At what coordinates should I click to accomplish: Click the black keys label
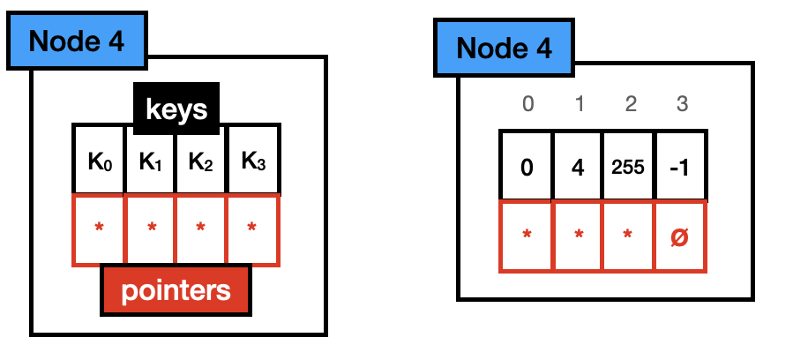click(176, 110)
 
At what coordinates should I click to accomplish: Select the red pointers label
click(176, 290)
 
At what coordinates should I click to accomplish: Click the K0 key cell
click(98, 161)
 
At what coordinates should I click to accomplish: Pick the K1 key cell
click(150, 161)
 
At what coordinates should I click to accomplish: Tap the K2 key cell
click(201, 161)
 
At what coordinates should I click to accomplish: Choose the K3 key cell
click(252, 161)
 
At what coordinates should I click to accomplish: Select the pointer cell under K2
click(201, 230)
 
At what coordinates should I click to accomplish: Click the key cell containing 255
click(629, 167)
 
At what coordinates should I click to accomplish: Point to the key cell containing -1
click(680, 167)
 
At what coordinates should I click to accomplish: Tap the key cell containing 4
click(578, 167)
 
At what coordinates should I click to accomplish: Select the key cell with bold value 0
click(527, 167)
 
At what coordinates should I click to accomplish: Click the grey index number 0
click(527, 104)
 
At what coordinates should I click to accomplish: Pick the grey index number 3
click(680, 104)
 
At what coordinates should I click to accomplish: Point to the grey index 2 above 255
click(630, 104)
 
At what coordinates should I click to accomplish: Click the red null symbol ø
click(680, 236)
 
